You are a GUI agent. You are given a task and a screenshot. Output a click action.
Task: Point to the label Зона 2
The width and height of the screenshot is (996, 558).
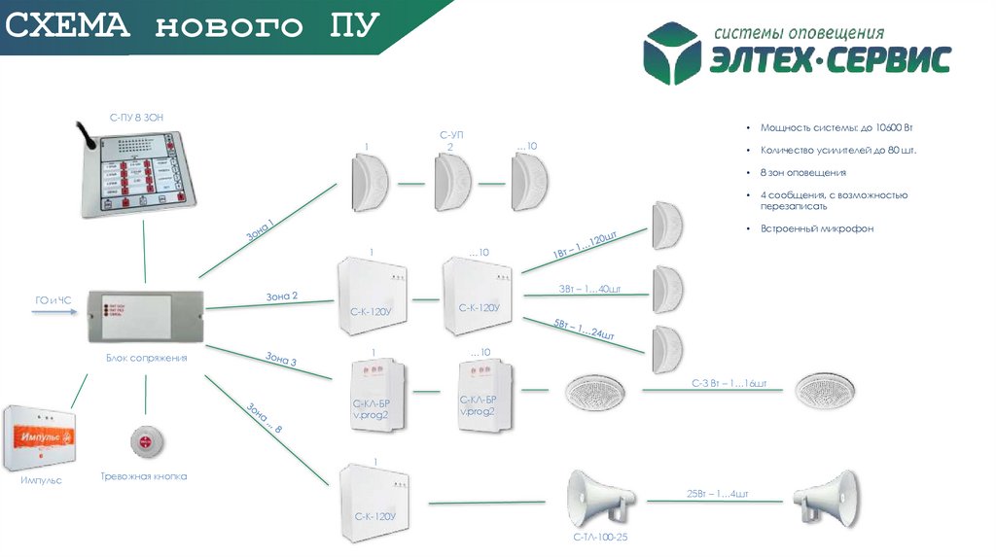[x=282, y=296]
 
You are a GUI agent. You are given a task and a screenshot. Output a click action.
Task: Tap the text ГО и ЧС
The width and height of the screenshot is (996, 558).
[x=48, y=299]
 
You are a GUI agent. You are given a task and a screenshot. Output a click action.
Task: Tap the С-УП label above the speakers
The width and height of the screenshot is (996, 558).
[x=449, y=134]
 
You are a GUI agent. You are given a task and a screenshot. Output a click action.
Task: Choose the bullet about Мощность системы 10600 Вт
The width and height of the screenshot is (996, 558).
[x=836, y=127]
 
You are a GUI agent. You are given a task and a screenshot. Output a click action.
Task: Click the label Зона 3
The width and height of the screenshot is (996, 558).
[x=281, y=359]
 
